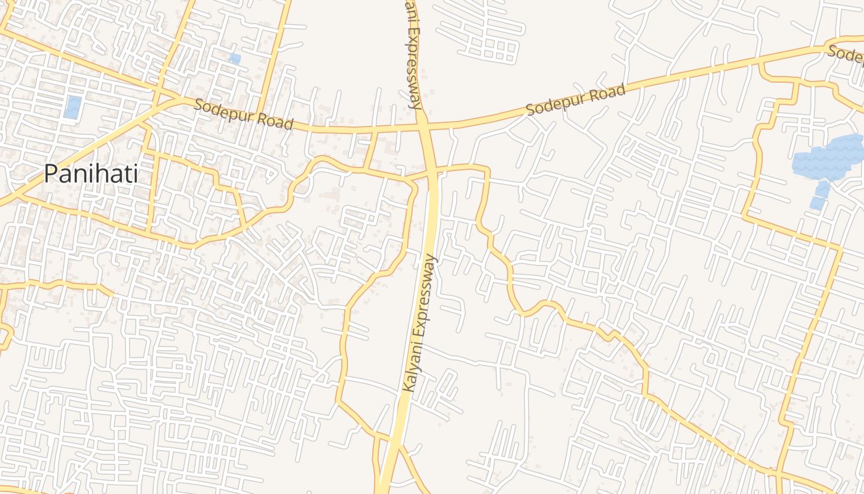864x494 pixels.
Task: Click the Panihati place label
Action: tap(91, 174)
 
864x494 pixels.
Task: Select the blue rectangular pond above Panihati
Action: tap(72, 107)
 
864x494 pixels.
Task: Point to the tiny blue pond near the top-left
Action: tap(235, 59)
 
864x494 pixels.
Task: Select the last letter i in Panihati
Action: tap(135, 174)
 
